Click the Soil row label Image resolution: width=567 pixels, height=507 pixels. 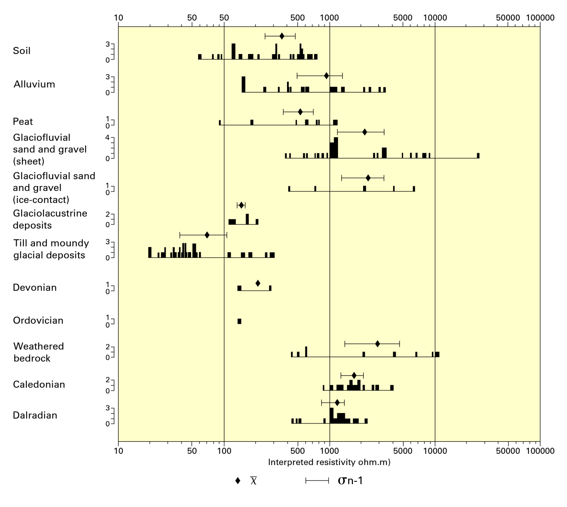click(22, 51)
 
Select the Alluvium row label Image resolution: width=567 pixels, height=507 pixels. click(34, 84)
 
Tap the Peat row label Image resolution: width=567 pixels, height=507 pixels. click(23, 122)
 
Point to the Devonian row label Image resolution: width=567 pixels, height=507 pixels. click(35, 288)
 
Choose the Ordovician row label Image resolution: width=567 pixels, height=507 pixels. click(38, 321)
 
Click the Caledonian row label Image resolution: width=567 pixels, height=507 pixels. click(39, 385)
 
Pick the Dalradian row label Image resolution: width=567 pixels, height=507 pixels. click(35, 415)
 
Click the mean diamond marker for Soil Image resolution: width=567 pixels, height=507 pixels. click(282, 36)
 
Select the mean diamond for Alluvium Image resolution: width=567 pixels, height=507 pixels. click(327, 76)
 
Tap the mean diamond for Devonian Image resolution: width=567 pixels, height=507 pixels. click(258, 283)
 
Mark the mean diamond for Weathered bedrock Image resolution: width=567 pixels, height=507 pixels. click(377, 344)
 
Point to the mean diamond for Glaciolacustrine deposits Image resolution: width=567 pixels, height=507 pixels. click(241, 205)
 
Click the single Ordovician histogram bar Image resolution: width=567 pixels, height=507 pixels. click(239, 321)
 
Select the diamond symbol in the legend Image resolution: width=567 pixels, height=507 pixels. click(238, 481)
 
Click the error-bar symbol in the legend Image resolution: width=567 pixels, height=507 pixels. click(317, 481)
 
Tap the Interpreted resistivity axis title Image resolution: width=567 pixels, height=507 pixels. click(329, 462)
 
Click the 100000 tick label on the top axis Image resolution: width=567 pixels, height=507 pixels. click(540, 18)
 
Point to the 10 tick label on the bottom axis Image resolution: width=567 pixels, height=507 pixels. click(118, 451)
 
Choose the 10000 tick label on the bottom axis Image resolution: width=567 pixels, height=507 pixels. click(435, 451)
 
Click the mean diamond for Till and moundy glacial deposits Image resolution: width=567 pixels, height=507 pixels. click(207, 235)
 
